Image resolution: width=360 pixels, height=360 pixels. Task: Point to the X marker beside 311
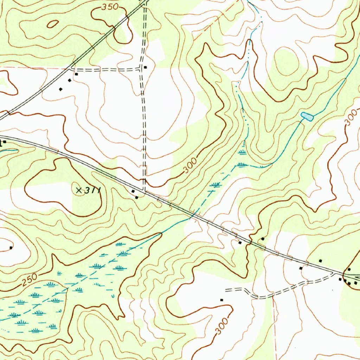(79, 190)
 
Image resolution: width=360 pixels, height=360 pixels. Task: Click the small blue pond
(307, 116)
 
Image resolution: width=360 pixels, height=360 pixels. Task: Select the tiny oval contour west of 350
(53, 24)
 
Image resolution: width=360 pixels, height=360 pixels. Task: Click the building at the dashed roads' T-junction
(145, 67)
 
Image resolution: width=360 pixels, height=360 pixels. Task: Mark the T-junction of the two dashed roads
(142, 69)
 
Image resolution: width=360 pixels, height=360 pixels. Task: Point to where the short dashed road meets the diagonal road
(72, 67)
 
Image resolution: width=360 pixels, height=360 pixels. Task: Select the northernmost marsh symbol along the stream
(242, 152)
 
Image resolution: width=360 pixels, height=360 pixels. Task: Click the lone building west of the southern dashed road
(221, 300)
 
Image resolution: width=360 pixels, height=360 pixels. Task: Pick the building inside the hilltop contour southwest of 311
(11, 248)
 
